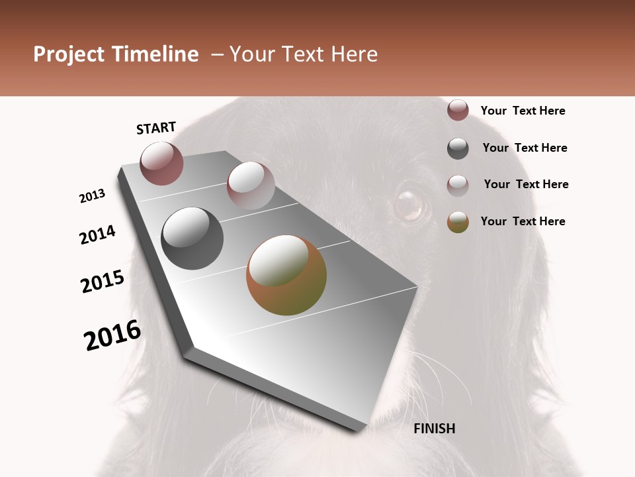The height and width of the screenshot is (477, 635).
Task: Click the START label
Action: [x=156, y=128]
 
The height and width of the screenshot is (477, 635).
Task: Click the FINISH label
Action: [x=435, y=429]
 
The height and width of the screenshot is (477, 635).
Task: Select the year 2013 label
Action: [x=93, y=196]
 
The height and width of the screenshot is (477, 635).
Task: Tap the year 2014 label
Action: [x=98, y=235]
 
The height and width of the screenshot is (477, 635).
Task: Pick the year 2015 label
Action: [x=103, y=282]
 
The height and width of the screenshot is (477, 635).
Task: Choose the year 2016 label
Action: [x=112, y=335]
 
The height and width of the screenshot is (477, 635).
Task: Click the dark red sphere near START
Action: [x=161, y=163]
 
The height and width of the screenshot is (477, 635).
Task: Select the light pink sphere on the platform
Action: [x=251, y=185]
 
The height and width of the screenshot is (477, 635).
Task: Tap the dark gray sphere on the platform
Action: [x=192, y=238]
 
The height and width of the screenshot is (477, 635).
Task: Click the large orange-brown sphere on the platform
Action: [x=286, y=275]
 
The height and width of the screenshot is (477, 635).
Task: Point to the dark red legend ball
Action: [x=458, y=110]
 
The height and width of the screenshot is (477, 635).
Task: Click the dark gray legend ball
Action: [x=458, y=148]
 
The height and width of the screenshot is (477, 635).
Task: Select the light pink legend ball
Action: [x=458, y=185]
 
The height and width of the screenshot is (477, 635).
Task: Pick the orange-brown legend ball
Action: [x=458, y=222]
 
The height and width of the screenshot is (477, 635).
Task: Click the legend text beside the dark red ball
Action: [x=523, y=111]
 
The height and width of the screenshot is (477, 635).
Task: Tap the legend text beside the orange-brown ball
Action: [x=523, y=221]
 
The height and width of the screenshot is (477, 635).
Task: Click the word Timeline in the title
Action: [x=155, y=54]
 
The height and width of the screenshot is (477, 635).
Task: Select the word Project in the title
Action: [x=68, y=54]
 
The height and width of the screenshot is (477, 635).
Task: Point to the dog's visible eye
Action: [x=411, y=205]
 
